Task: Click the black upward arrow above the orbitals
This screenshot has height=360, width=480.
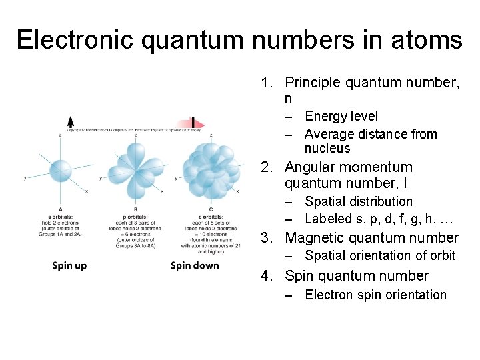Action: coord(71,122)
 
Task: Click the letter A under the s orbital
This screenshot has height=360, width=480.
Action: coord(60,209)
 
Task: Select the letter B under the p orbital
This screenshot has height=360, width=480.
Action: coord(136,209)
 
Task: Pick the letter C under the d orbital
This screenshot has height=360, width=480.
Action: coord(211,209)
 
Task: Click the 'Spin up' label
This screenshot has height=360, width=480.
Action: coord(69,265)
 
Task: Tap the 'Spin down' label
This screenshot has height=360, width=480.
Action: coord(195,265)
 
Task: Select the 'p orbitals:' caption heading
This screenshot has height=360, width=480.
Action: coord(136,215)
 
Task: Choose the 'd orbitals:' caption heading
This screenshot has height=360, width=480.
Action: coord(211,215)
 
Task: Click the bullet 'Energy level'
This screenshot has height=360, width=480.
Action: coord(341,117)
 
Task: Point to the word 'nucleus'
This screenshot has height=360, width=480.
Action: coord(327,149)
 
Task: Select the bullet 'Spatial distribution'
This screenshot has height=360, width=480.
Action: coord(358,201)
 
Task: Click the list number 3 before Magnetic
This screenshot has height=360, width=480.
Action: coord(265,238)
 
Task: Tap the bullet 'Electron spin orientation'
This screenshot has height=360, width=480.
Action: coord(375,295)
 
